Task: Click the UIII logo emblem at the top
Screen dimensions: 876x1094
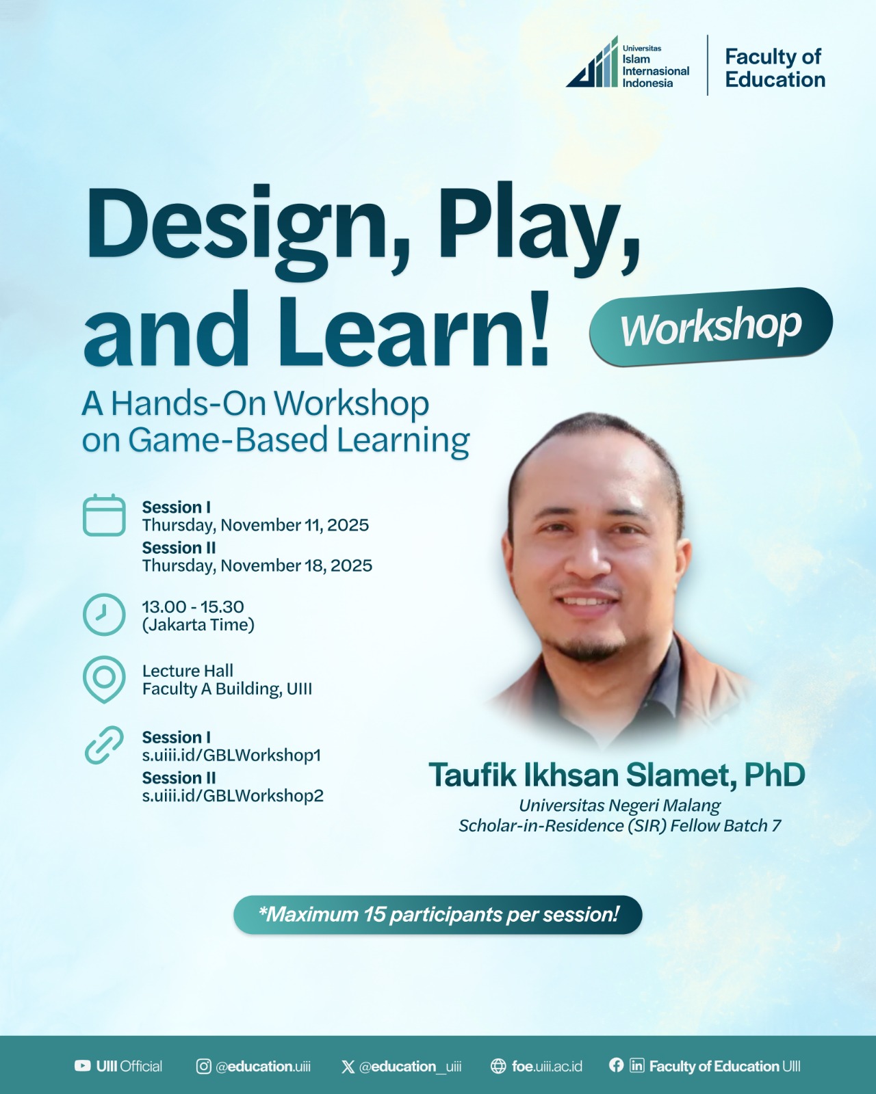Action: tap(593, 62)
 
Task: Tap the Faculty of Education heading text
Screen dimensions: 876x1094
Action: tap(775, 68)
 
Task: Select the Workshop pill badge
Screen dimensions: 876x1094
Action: tap(711, 326)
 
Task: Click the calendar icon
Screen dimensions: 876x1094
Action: tap(104, 515)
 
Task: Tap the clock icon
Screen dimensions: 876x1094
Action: tap(104, 615)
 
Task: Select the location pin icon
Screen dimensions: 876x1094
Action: tap(104, 680)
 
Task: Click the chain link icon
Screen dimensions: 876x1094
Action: tap(104, 745)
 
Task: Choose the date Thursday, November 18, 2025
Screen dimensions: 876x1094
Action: tap(257, 566)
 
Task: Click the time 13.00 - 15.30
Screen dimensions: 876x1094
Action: tap(193, 606)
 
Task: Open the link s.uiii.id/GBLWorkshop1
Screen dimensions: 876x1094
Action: tap(231, 756)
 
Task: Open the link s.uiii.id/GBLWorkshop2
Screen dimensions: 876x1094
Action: tap(233, 796)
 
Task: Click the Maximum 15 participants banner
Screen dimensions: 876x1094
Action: tap(438, 915)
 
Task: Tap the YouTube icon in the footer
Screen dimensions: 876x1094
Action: tap(82, 1066)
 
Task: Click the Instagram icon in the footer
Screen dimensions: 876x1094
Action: tap(204, 1067)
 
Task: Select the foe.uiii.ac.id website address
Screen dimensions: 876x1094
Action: tap(547, 1067)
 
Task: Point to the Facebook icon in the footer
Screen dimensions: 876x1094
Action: tap(616, 1065)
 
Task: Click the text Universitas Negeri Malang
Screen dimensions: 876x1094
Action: tap(619, 805)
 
